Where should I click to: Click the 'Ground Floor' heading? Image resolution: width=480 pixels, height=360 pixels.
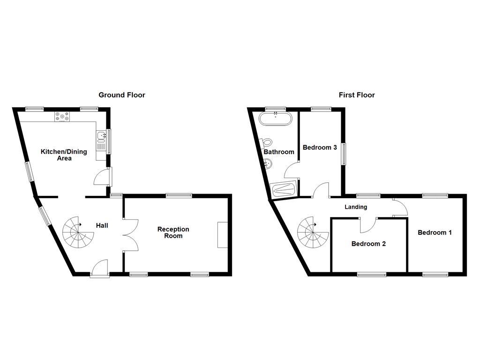click(121, 95)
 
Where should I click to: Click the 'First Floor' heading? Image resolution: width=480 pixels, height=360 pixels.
click(357, 95)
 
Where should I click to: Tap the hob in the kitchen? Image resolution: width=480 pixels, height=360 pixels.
click(61, 117)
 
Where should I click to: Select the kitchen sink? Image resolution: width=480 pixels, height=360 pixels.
click(101, 137)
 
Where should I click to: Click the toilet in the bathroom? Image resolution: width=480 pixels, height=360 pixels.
click(266, 142)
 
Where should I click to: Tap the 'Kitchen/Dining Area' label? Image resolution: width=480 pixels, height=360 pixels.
click(64, 155)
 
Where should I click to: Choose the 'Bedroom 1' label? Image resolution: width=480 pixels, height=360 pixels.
click(435, 232)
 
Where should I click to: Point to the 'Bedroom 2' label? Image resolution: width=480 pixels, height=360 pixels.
click(368, 244)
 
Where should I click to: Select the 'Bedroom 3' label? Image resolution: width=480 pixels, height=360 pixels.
click(320, 148)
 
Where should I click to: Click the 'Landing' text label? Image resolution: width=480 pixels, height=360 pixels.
click(356, 207)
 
